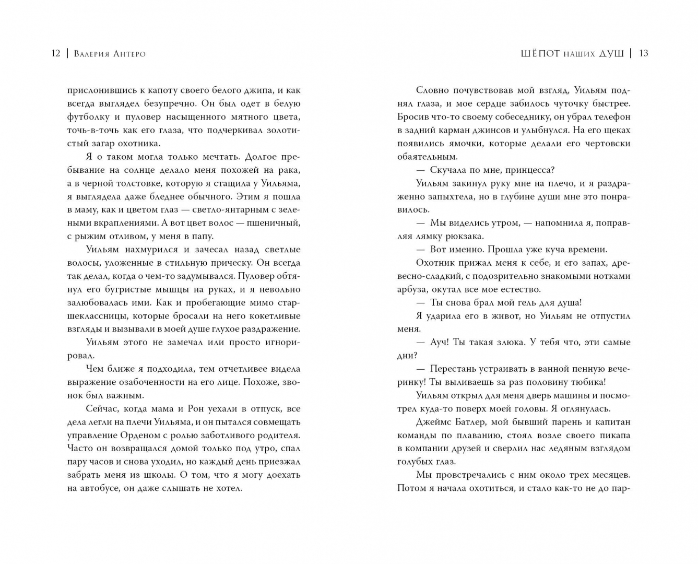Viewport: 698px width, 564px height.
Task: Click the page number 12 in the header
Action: [56, 53]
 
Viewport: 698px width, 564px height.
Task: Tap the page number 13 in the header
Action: [643, 53]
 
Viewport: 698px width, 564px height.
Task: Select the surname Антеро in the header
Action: [127, 54]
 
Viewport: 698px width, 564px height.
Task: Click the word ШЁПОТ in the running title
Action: [540, 54]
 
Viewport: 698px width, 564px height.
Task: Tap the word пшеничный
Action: [276, 223]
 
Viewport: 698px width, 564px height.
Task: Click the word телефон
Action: [610, 117]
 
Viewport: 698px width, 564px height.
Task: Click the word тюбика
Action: [589, 382]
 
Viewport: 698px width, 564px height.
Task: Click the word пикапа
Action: [614, 435]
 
